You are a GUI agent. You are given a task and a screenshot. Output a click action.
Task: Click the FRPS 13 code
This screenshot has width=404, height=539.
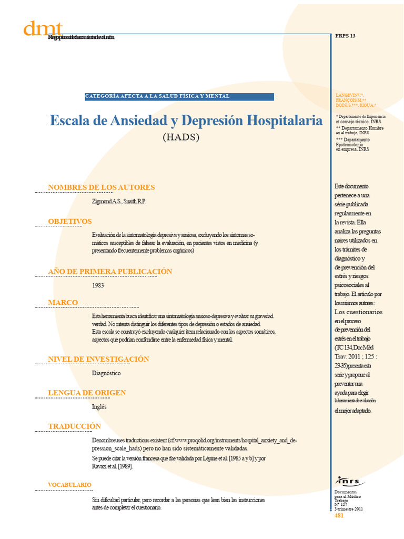[x=346, y=36]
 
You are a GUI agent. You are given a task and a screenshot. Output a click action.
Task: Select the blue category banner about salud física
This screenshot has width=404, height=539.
[x=179, y=96]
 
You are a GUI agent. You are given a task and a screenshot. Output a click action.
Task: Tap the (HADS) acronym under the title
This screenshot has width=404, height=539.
[x=181, y=138]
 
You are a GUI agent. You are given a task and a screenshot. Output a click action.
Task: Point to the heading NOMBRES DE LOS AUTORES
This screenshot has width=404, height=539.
[x=101, y=187]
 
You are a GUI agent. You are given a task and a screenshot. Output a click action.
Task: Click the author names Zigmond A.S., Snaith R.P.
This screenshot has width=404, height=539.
[x=118, y=202]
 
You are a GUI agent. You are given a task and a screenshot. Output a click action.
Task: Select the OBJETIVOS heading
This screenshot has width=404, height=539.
[x=70, y=222]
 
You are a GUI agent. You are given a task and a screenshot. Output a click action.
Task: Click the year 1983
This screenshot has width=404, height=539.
[x=98, y=285]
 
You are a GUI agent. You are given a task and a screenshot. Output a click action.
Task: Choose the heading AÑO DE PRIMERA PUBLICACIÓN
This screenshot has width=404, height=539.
[x=110, y=271]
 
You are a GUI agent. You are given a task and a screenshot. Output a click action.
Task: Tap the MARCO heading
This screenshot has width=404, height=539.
[x=63, y=303]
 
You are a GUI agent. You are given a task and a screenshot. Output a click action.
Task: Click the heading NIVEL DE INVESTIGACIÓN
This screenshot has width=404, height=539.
[x=98, y=359]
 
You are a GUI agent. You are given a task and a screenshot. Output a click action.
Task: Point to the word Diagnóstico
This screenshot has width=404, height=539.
[x=106, y=373]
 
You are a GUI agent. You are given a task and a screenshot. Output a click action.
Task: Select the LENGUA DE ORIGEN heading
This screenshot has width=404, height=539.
[x=87, y=393]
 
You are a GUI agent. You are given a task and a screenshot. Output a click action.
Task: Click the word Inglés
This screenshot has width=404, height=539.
[x=99, y=407]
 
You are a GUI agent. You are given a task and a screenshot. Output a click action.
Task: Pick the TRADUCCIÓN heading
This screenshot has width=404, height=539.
[x=74, y=426]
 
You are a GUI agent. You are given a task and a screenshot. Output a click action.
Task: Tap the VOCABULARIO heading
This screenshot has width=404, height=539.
[x=69, y=485]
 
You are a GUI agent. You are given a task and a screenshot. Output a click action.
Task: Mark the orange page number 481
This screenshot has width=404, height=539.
[x=339, y=515]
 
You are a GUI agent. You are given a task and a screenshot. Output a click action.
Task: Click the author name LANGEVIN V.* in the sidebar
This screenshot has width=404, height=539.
[x=349, y=95]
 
